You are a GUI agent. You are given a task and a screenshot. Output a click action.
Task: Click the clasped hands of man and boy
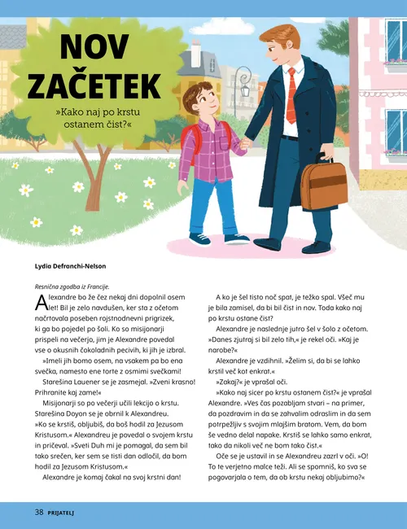pyautogui.click(x=245, y=144)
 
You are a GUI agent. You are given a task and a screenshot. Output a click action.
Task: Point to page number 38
pyautogui.click(x=39, y=512)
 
